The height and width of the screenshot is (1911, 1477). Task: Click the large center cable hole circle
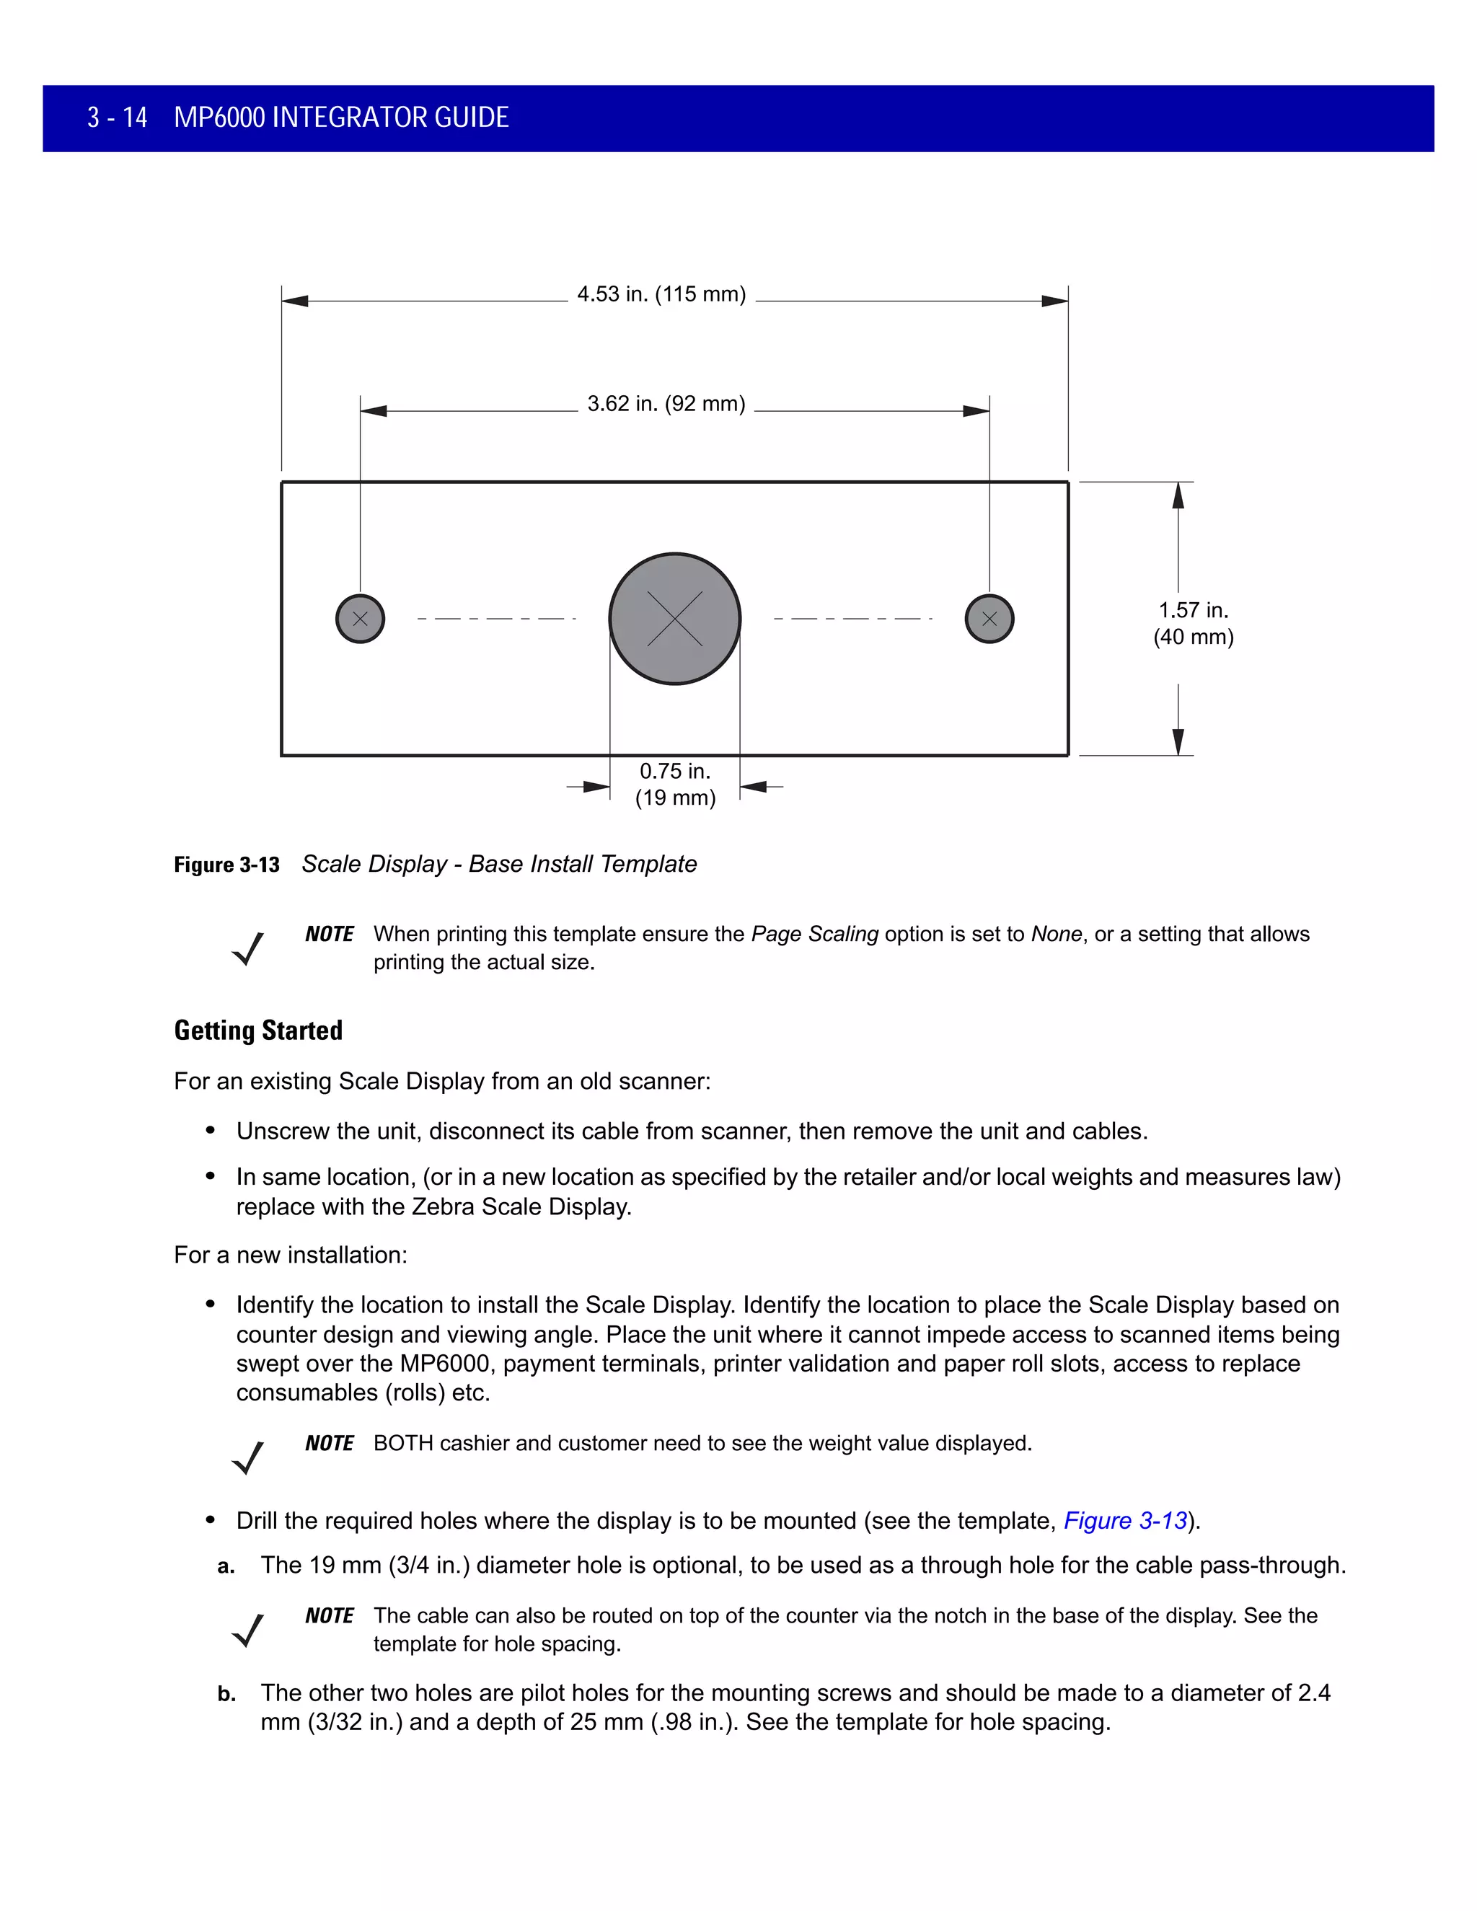pyautogui.click(x=674, y=619)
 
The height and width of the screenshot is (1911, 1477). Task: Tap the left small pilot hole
pyautogui.click(x=360, y=619)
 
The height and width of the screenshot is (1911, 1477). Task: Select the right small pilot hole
pyautogui.click(x=989, y=619)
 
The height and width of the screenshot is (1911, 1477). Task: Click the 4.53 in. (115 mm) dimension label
pyautogui.click(x=661, y=294)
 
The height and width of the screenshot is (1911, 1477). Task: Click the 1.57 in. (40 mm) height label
pyautogui.click(x=1193, y=623)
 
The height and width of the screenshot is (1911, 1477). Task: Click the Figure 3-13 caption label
pyautogui.click(x=226, y=865)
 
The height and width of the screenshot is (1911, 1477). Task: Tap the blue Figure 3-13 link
pyautogui.click(x=1125, y=1521)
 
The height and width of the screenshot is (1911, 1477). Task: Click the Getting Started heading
pyautogui.click(x=258, y=1030)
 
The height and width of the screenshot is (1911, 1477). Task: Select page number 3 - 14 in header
pyautogui.click(x=118, y=118)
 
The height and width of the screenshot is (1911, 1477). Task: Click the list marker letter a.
pyautogui.click(x=226, y=1567)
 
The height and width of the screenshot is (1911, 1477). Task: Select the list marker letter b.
pyautogui.click(x=226, y=1695)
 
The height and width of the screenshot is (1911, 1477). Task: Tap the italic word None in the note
pyautogui.click(x=1056, y=935)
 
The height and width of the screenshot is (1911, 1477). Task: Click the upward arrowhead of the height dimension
pyautogui.click(x=1178, y=495)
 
